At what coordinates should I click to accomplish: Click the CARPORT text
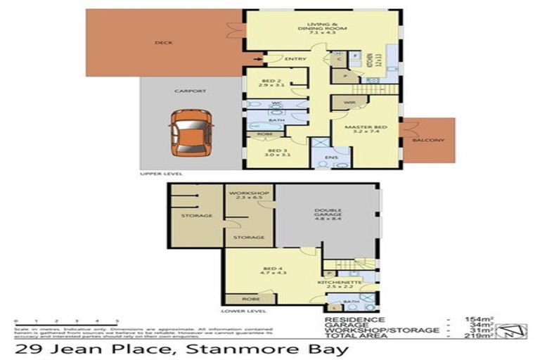[190, 91]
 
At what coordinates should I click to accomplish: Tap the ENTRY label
[295, 59]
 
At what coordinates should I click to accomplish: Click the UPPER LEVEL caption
[162, 173]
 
